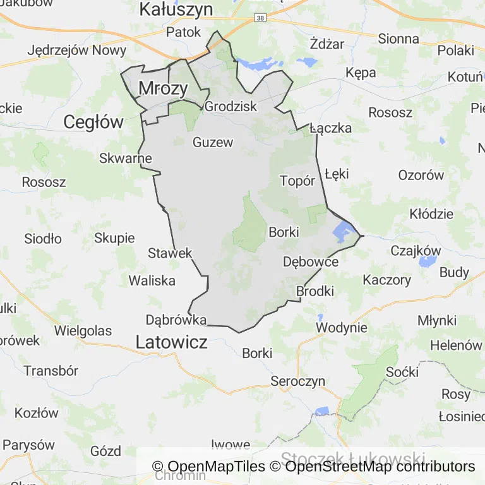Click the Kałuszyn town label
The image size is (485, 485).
click(176, 9)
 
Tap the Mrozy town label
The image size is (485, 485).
click(163, 88)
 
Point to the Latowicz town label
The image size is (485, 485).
click(171, 342)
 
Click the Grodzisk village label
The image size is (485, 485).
click(231, 106)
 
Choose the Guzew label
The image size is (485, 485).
click(213, 142)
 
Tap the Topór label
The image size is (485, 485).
click(297, 181)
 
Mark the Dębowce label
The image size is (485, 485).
click(311, 261)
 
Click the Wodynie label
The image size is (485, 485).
click(342, 327)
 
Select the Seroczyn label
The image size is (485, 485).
click(297, 381)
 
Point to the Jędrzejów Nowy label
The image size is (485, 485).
click(77, 51)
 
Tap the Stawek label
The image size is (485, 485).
click(170, 253)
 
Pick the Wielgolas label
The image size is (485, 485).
click(83, 330)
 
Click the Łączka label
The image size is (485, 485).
click(330, 128)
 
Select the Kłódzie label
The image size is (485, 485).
click(431, 213)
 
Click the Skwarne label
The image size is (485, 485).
click(126, 158)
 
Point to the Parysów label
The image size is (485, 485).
click(28, 445)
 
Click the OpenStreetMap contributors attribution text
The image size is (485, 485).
click(380, 467)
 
